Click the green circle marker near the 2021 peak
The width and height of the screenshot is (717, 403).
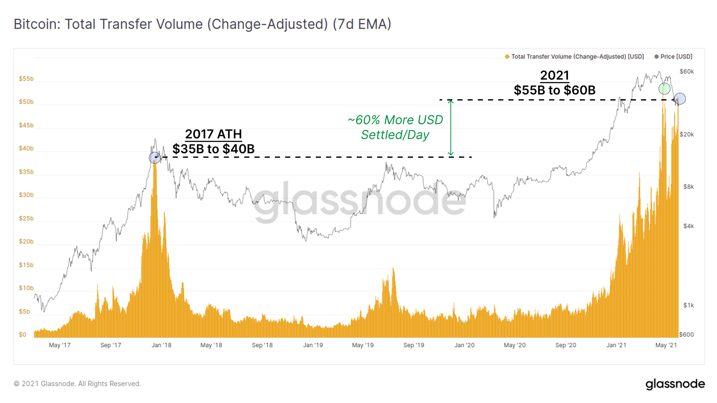pos(664,88)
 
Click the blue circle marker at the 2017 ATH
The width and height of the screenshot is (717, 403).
pos(155,157)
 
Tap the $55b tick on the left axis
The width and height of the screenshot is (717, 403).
pos(26,79)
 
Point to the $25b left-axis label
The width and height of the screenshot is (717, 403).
pos(26,219)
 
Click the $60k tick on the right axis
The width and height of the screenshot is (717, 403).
pos(687,72)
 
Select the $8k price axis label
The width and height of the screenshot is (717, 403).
pos(688,187)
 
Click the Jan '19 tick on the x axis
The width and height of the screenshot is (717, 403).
pos(313,345)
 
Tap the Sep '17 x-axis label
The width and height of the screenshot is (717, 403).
pos(110,345)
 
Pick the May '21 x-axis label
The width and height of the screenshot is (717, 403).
pos(666,345)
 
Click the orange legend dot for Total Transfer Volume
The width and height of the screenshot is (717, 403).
pos(507,57)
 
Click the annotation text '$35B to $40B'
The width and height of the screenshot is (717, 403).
pos(213,149)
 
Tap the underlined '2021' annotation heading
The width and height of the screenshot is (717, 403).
pos(555,76)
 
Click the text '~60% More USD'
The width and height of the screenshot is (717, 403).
pos(395,120)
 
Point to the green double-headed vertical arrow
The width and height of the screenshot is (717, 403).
pos(451,128)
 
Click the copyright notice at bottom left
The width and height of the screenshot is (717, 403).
pos(77,384)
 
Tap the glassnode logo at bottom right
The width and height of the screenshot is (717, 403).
pos(675,384)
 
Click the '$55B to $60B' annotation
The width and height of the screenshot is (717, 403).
pos(555,90)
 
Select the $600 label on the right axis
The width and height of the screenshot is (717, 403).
pos(687,335)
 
